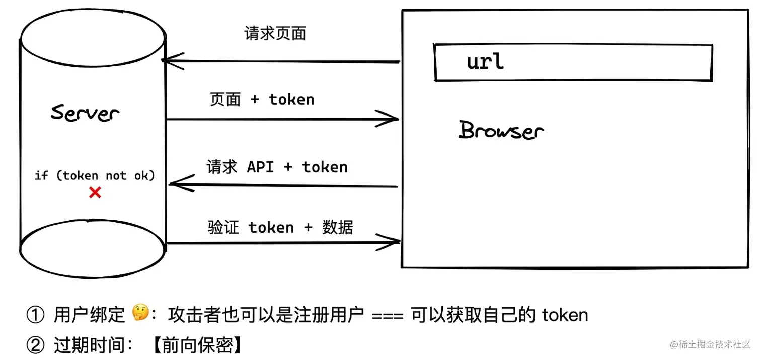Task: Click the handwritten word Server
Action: click(85, 113)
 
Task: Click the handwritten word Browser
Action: click(501, 130)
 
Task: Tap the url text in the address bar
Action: click(485, 62)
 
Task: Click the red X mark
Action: click(95, 192)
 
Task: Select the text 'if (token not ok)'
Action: click(95, 175)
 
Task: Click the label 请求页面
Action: click(275, 34)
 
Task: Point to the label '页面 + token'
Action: click(262, 100)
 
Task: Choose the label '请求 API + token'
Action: click(277, 167)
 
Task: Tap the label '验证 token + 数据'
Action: click(280, 228)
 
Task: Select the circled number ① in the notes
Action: click(36, 315)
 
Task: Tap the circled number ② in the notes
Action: click(36, 345)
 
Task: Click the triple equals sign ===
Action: click(387, 316)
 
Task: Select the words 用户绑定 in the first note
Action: click(89, 315)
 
